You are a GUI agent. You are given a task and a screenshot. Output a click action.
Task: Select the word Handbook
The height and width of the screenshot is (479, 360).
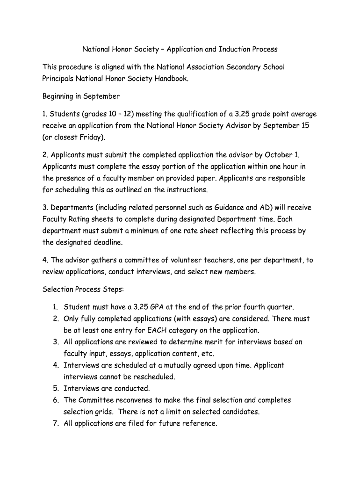click(171, 79)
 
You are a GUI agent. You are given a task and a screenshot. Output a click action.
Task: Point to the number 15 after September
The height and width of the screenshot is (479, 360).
click(305, 126)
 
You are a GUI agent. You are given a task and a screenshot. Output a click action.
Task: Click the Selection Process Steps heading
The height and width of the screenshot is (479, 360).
click(83, 289)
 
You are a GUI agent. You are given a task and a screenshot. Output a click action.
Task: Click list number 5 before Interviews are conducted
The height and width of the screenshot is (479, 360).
click(55, 389)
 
